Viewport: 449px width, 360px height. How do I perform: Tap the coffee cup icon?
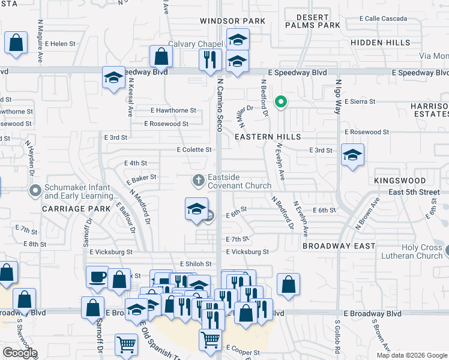coord(97,277)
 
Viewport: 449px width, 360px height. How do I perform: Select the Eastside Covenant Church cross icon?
coord(199,179)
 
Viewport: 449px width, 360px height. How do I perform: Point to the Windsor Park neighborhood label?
coord(232,21)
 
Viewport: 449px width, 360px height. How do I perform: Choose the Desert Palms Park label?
coord(312,21)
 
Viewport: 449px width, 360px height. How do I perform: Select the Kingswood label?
coord(400,181)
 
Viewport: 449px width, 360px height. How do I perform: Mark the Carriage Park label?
coord(76,209)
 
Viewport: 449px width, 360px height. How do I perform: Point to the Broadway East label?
coord(339,246)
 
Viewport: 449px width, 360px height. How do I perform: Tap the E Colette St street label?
coord(194,149)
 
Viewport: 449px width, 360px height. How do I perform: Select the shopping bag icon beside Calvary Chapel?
coord(161,57)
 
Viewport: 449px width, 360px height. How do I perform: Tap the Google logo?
coord(20,353)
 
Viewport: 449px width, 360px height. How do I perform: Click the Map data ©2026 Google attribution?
coord(412,355)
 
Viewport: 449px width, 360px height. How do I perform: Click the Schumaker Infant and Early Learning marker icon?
coord(35,191)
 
